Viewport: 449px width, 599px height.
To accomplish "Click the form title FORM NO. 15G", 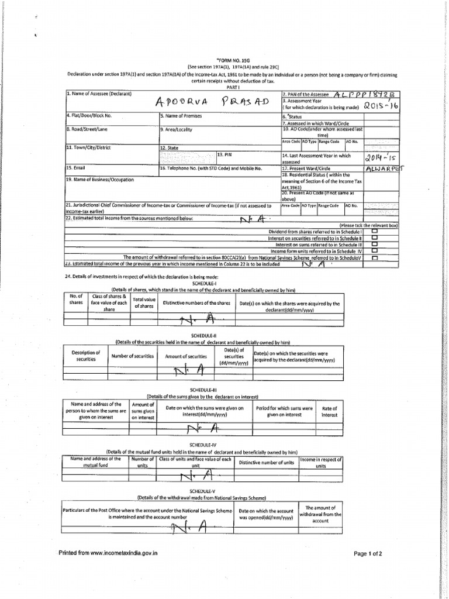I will tap(232, 60).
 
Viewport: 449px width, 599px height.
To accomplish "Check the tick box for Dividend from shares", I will tap(374, 230).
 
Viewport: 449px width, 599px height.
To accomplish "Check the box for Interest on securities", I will tap(374, 237).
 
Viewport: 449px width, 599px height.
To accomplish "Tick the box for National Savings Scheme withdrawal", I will tap(374, 257).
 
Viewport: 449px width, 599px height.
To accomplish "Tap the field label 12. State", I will tap(170, 149).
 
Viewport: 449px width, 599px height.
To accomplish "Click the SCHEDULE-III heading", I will tap(203, 389).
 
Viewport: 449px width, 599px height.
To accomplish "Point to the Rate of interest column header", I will tap(330, 411).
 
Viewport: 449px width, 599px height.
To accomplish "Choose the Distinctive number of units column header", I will tap(265, 462).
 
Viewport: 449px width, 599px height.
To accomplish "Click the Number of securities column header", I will tap(132, 356).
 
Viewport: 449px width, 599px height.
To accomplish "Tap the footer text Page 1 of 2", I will tap(368, 553).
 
